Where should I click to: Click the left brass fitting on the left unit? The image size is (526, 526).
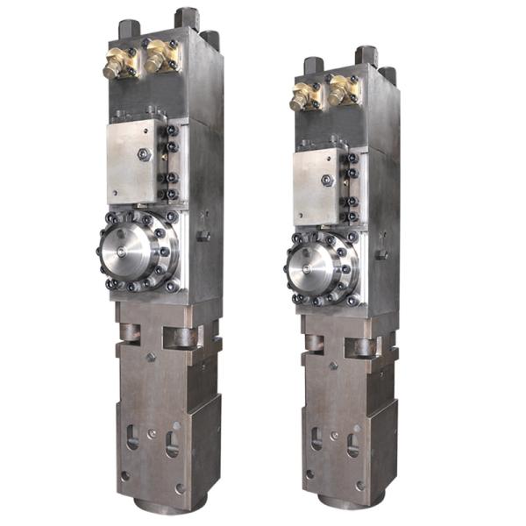(x=115, y=62)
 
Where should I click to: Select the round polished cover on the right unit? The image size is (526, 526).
(x=313, y=263)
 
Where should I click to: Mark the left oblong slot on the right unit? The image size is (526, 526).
(x=316, y=439)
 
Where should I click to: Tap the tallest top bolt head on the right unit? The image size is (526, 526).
(x=366, y=55)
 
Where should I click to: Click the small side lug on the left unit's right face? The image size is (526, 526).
(x=203, y=235)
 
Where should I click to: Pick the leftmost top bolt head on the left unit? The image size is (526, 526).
(x=128, y=30)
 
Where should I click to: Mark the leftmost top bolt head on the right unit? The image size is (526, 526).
(x=313, y=67)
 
